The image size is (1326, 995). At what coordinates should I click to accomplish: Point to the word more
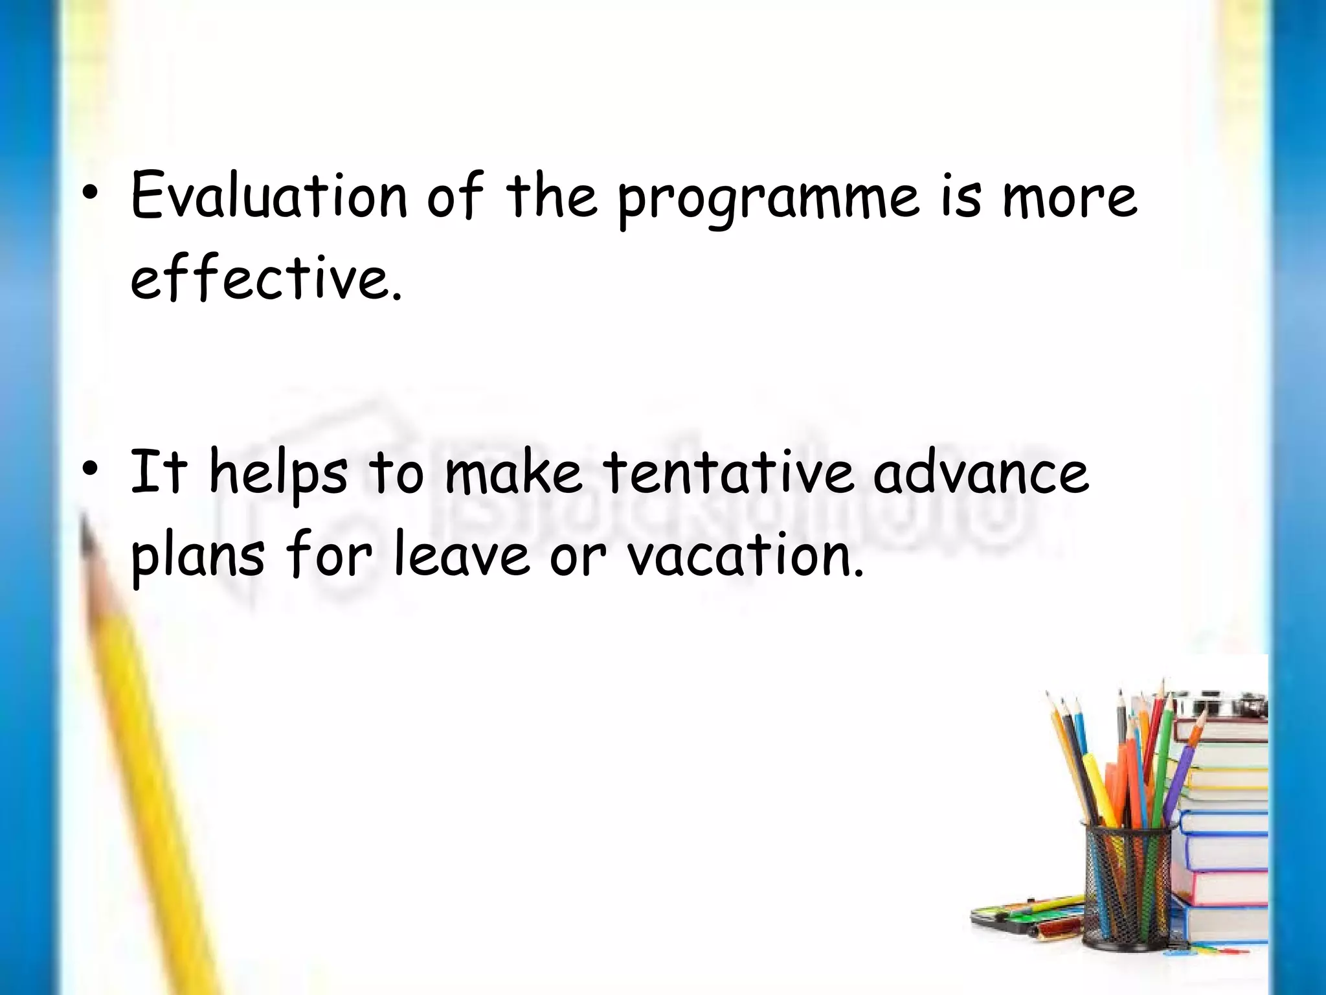pos(1069,198)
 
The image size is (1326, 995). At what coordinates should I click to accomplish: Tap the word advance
pos(980,473)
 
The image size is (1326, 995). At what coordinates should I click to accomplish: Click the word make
pos(513,473)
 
